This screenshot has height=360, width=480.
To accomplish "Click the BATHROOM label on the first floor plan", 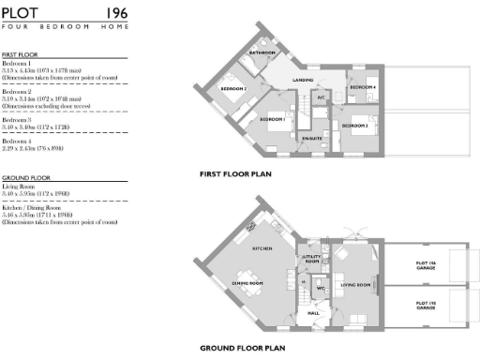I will coord(263,53).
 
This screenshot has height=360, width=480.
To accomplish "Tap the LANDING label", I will coord(302,81).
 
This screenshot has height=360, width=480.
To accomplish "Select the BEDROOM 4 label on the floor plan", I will coord(362,87).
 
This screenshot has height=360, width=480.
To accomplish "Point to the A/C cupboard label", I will coord(321,97).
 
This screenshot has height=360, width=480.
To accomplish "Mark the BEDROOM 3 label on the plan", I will coord(354,125).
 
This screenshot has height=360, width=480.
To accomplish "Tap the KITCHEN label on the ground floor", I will coord(262,248).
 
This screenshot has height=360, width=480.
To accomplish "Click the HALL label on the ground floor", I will coord(314,313).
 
